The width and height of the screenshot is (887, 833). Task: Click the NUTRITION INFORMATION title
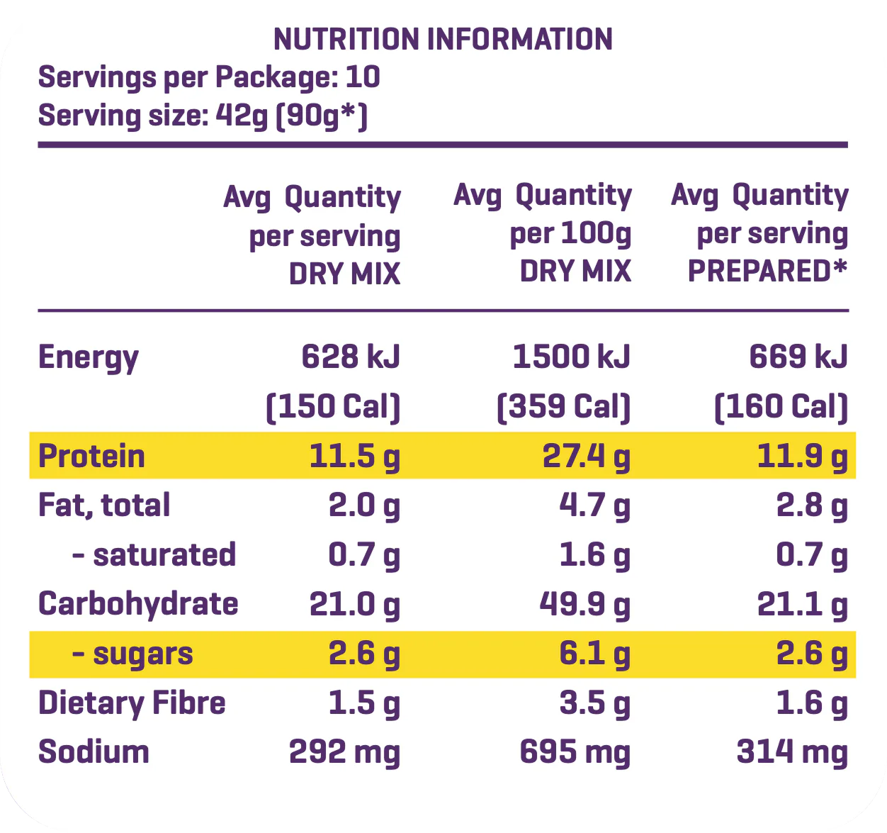(443, 40)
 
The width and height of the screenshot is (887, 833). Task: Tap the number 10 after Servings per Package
(363, 77)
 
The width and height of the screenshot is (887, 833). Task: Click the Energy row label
(88, 357)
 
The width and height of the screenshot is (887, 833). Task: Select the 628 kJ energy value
(351, 357)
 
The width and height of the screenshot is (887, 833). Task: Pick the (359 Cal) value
(563, 407)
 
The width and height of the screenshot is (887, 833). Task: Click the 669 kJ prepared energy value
(798, 357)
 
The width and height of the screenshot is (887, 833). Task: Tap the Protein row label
(91, 456)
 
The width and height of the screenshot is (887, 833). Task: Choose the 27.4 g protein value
(586, 457)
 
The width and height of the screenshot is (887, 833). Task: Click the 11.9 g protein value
(802, 457)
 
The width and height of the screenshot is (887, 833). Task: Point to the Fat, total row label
(104, 505)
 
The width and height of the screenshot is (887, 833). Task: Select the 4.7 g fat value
(594, 506)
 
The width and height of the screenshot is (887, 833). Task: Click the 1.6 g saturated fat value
(594, 555)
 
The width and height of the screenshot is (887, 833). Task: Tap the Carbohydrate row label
(138, 604)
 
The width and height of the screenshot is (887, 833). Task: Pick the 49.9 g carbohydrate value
(584, 605)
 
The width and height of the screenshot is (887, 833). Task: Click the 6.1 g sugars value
(594, 654)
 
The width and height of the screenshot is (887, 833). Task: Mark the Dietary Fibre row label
(132, 703)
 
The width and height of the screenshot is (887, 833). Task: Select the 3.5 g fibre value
(594, 703)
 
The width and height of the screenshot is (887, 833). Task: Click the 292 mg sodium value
(344, 752)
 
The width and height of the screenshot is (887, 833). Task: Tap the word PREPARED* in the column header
(767, 272)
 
